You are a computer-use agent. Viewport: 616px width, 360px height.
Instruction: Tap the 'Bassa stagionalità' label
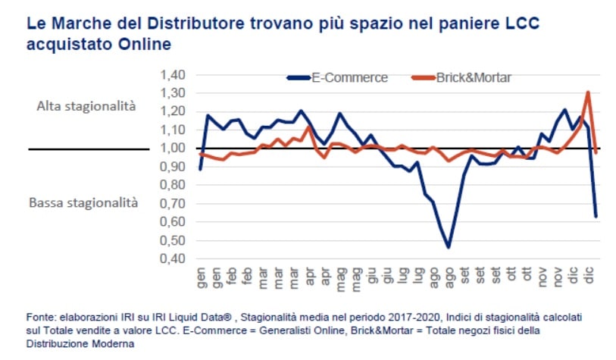coord(83,202)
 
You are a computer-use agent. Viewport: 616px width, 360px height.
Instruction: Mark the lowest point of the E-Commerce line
coord(449,247)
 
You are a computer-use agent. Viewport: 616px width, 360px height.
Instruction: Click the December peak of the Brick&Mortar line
coord(588,92)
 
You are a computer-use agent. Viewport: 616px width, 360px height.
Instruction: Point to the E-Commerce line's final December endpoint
coord(596,216)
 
